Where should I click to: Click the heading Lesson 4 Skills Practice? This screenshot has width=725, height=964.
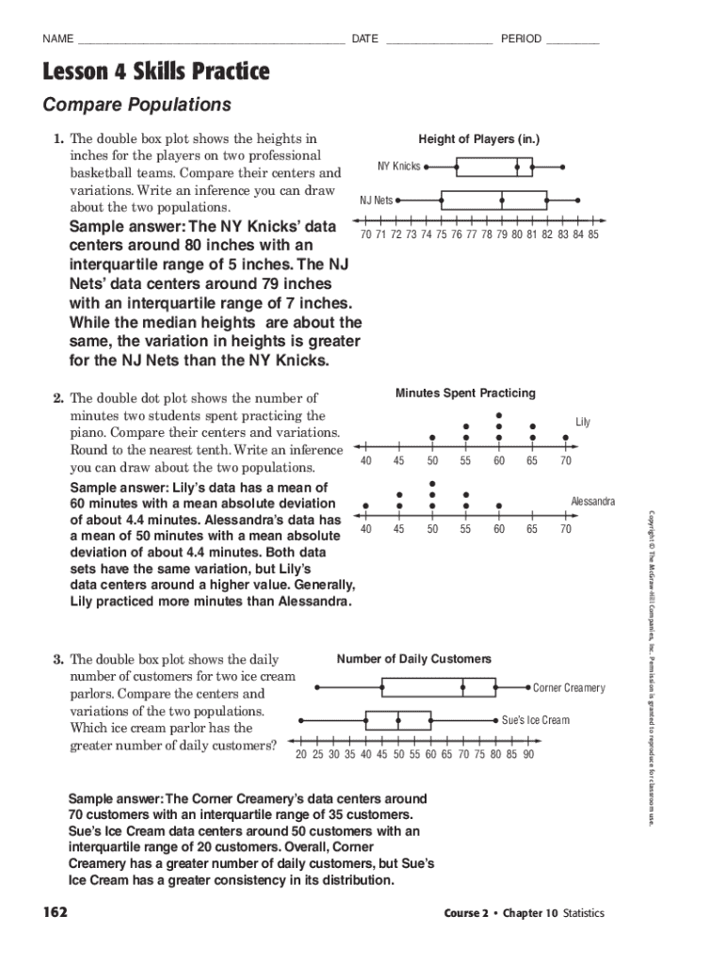(155, 72)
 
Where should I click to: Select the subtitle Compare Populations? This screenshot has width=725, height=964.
(137, 104)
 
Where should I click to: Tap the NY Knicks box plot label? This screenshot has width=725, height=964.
(399, 167)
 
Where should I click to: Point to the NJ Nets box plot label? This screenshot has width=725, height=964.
(377, 201)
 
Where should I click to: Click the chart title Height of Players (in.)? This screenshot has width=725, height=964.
(478, 139)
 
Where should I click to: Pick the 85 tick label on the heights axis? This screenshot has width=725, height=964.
(592, 234)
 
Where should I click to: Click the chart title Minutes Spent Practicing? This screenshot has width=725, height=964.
(465, 393)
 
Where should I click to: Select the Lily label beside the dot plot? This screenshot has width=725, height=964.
(583, 422)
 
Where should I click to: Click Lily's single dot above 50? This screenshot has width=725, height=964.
(432, 438)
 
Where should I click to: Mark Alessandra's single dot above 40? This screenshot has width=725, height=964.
(365, 506)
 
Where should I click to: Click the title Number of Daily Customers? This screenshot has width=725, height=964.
(413, 659)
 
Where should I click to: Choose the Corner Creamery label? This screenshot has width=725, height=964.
(569, 688)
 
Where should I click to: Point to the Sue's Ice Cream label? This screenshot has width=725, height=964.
(535, 720)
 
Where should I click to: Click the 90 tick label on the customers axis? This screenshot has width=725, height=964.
(528, 754)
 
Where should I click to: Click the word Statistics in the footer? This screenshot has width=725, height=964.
(583, 913)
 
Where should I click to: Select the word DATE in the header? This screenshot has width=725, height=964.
(364, 39)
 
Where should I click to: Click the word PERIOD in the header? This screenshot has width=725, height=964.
(521, 39)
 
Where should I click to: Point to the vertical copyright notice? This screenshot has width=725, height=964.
(649, 668)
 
